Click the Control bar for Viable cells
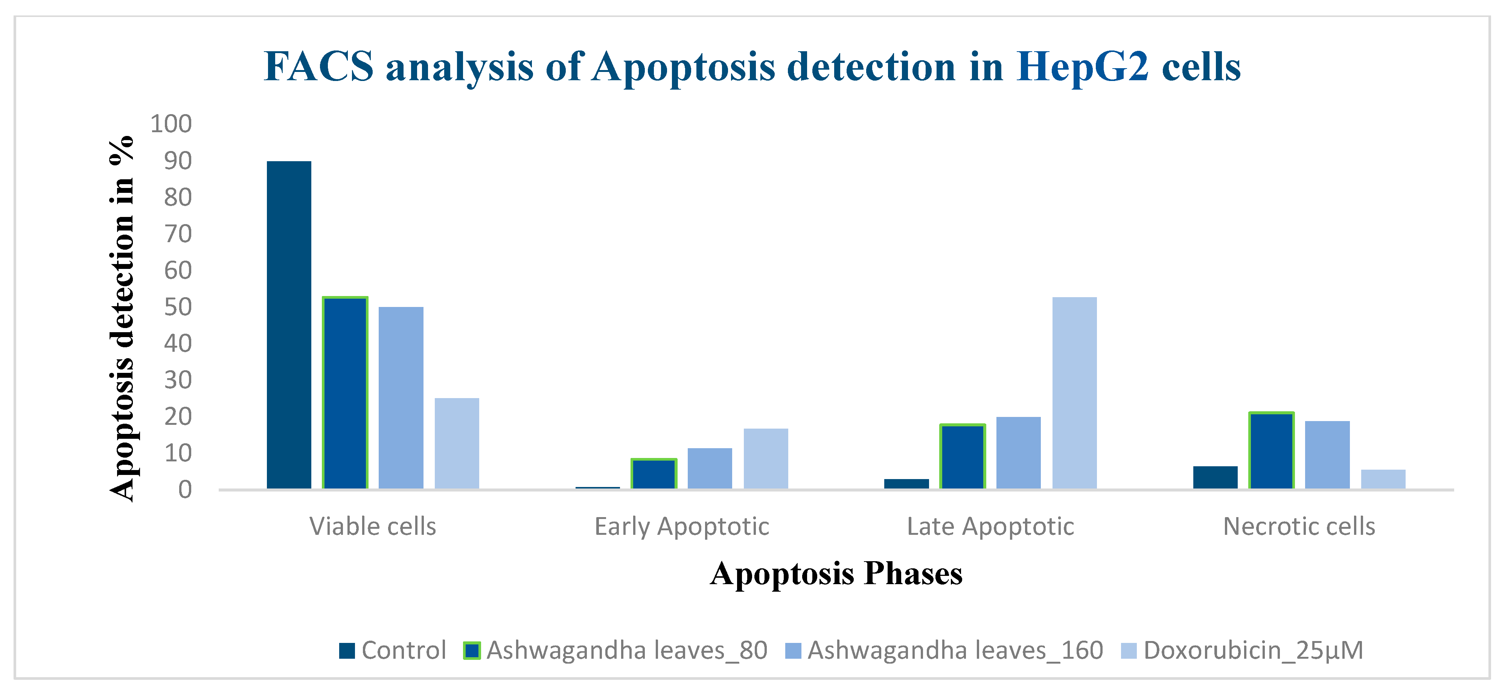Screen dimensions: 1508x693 tap(289, 325)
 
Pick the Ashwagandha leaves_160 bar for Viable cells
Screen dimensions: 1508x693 tap(401, 398)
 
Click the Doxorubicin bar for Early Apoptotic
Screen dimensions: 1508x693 tap(766, 459)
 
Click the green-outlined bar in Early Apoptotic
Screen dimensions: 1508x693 tap(654, 473)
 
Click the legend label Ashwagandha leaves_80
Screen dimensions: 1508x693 tap(627, 650)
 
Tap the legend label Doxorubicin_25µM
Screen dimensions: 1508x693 tap(1254, 650)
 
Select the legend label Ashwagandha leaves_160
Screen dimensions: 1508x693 tap(955, 650)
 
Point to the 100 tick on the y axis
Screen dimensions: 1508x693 tap(171, 124)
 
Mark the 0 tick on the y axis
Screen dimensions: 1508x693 tap(185, 490)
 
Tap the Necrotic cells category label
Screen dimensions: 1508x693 tap(1299, 527)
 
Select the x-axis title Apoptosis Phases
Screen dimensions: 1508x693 tap(836, 573)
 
